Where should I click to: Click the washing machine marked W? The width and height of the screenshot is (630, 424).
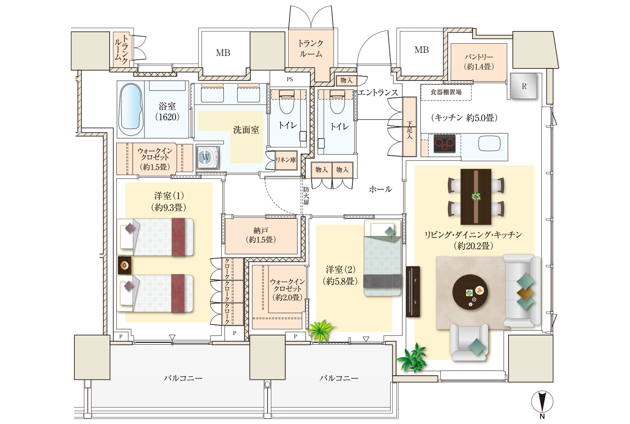208,157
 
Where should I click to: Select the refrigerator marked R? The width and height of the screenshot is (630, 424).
524,86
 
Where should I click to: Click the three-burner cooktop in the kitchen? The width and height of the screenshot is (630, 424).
444,144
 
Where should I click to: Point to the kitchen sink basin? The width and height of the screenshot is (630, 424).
489,143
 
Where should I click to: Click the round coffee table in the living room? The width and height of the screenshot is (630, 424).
470,292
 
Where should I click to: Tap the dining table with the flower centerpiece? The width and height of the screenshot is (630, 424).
476,196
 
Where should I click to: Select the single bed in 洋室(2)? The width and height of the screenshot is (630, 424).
383,258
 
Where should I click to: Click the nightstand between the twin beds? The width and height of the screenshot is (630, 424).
124,265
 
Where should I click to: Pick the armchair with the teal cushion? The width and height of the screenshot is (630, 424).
469,342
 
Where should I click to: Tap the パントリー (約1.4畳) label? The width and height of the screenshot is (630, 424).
478,62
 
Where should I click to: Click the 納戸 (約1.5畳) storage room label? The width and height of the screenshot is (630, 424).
261,235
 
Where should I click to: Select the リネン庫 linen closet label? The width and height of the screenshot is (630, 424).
286,160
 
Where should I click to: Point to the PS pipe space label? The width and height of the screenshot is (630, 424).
290,79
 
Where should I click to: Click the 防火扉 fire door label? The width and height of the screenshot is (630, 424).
306,196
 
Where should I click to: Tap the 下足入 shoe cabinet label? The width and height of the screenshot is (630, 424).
409,130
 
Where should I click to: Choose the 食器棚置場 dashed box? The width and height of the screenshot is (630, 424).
446,92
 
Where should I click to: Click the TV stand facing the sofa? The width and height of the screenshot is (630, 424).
413,292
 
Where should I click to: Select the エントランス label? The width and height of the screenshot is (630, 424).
378,92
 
